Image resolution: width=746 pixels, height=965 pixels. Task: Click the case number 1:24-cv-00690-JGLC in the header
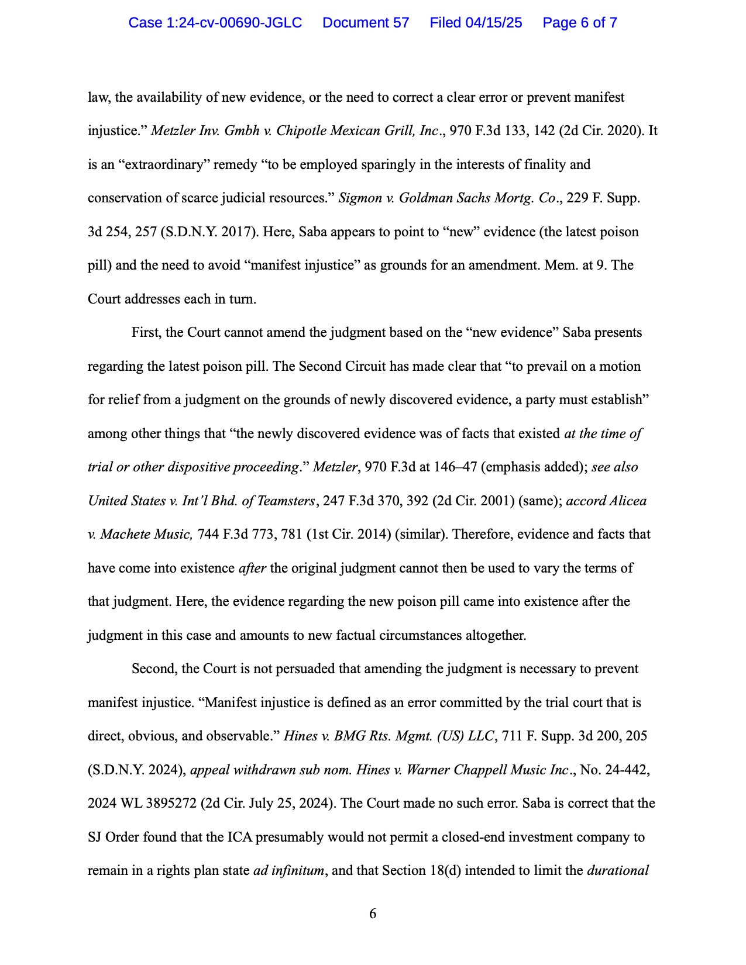tap(215, 23)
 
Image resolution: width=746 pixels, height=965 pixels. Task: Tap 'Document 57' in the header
tap(366, 23)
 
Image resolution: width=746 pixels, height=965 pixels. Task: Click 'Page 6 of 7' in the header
tap(579, 23)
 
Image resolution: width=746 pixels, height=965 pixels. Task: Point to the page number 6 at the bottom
tap(373, 914)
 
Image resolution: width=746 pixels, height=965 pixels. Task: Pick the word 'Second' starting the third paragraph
tap(153, 669)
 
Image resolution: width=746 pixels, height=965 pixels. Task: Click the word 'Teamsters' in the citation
tap(286, 501)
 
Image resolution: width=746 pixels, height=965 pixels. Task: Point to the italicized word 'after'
tap(252, 568)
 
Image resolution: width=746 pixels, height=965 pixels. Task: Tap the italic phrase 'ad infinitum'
tap(288, 871)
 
